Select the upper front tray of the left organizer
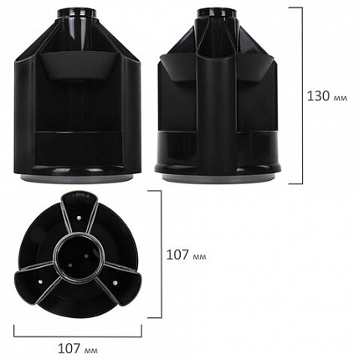[80, 67]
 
